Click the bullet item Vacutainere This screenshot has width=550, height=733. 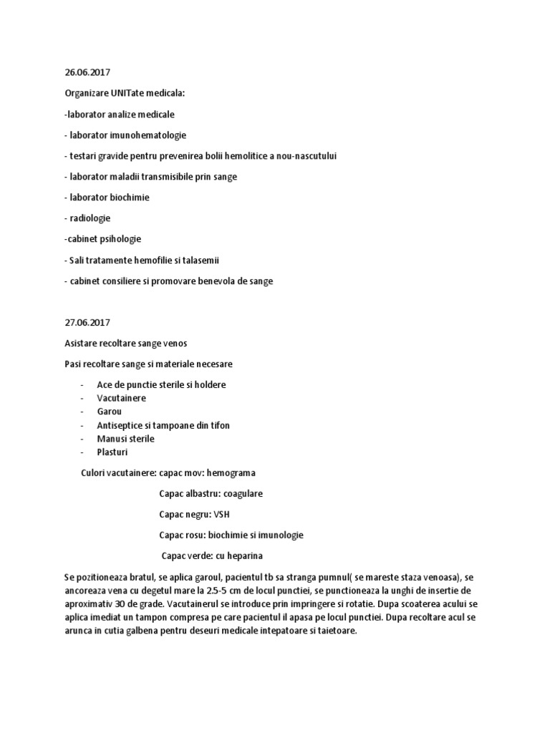tap(121, 398)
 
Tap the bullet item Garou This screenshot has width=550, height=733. tap(110, 412)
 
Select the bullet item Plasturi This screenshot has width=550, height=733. tap(114, 452)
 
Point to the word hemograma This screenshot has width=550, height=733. tap(231, 473)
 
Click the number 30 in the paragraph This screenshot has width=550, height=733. tap(112, 603)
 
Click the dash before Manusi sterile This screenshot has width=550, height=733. tap(84, 439)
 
